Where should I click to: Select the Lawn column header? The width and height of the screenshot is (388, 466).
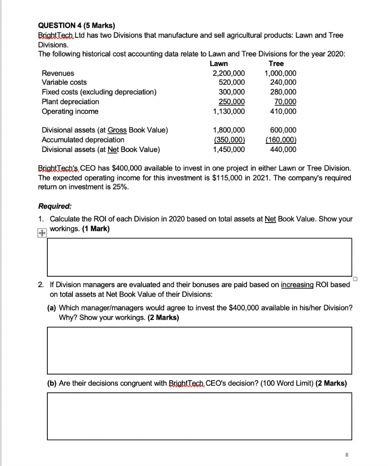pyautogui.click(x=219, y=64)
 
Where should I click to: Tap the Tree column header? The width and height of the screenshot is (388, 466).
pyautogui.click(x=276, y=64)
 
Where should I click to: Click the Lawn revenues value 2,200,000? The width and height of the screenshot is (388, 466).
pyautogui.click(x=228, y=73)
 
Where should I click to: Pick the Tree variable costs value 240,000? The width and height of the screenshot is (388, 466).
pyautogui.click(x=283, y=82)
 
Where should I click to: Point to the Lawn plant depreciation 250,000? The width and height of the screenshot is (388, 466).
pyautogui.click(x=232, y=102)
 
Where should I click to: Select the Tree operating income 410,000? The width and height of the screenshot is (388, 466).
pyautogui.click(x=283, y=111)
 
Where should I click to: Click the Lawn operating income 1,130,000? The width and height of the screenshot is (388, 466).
pyautogui.click(x=228, y=111)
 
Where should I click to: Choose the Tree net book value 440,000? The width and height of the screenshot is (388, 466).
pyautogui.click(x=283, y=149)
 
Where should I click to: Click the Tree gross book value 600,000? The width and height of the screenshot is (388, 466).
pyautogui.click(x=283, y=130)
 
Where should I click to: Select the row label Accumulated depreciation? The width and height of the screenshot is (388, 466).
pyautogui.click(x=83, y=140)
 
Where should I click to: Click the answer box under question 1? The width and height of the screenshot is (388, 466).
pyautogui.click(x=200, y=257)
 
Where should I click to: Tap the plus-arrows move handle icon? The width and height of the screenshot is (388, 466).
pyautogui.click(x=42, y=233)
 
